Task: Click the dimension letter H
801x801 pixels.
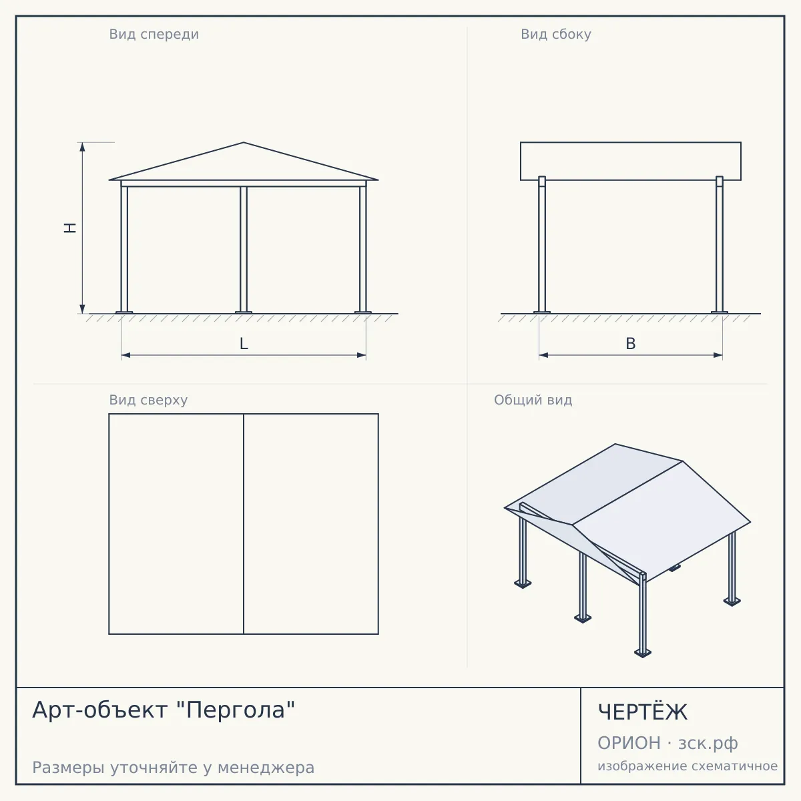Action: pyautogui.click(x=70, y=228)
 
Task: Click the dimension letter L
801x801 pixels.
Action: pyautogui.click(x=244, y=343)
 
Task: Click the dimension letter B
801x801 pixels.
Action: pyautogui.click(x=631, y=343)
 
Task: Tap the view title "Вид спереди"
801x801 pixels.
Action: pyautogui.click(x=154, y=34)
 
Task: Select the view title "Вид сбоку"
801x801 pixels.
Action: pyautogui.click(x=556, y=34)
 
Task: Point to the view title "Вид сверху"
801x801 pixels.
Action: pyautogui.click(x=148, y=400)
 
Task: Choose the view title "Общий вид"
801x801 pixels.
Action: pyautogui.click(x=533, y=400)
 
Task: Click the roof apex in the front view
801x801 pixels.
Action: pyautogui.click(x=244, y=143)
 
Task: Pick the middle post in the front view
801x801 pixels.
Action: pyautogui.click(x=244, y=249)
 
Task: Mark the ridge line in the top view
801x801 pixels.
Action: pyautogui.click(x=244, y=524)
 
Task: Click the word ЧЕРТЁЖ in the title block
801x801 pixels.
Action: pyautogui.click(x=643, y=712)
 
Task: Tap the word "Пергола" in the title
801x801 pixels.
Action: pyautogui.click(x=236, y=710)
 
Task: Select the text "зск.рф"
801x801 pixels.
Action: pyautogui.click(x=708, y=744)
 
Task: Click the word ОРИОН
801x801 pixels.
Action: pyautogui.click(x=629, y=743)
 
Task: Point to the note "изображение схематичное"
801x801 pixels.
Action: pyautogui.click(x=688, y=766)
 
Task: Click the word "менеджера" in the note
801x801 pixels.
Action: pyautogui.click(x=266, y=768)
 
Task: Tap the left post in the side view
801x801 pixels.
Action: pyautogui.click(x=541, y=244)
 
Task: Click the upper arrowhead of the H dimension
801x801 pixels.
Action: pyautogui.click(x=82, y=147)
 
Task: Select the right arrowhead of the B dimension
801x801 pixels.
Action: pyautogui.click(x=718, y=355)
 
